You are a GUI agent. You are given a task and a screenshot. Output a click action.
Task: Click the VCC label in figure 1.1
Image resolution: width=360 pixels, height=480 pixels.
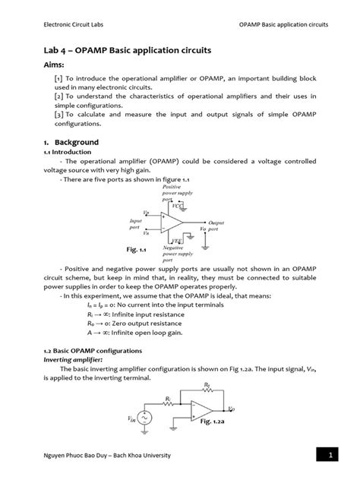click(x=175, y=206)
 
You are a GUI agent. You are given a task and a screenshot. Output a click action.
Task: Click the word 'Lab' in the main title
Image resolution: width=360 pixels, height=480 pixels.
click(x=53, y=49)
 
